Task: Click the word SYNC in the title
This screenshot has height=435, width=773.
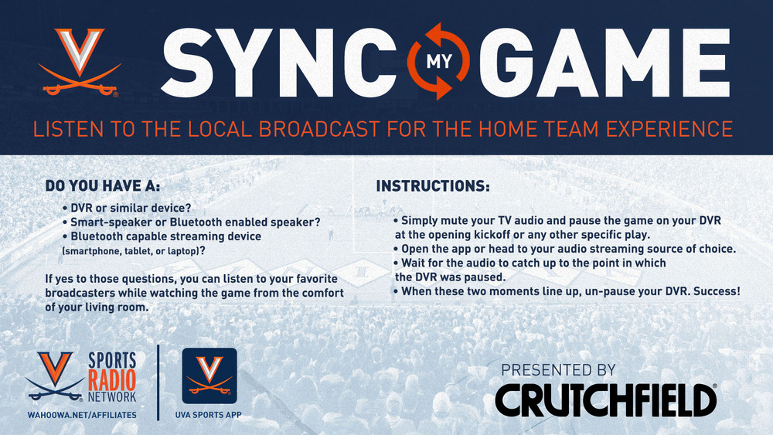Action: click(278, 62)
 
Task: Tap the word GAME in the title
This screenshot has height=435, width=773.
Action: click(604, 62)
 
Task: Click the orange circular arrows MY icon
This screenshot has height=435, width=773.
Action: click(438, 61)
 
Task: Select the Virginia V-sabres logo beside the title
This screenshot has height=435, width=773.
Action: click(80, 62)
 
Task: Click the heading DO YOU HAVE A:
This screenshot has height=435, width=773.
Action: click(103, 185)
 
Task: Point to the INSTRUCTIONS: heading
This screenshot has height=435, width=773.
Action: click(433, 185)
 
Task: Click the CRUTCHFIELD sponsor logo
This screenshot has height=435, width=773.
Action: click(606, 400)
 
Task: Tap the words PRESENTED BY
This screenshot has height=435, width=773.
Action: click(559, 370)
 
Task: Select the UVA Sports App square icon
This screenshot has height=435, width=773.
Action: click(209, 376)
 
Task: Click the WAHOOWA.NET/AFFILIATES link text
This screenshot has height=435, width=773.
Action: click(82, 415)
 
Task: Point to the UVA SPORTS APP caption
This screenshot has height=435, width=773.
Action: click(209, 415)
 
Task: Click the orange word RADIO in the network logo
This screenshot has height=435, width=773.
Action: click(112, 380)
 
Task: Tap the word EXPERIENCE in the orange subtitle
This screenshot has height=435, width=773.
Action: click(669, 129)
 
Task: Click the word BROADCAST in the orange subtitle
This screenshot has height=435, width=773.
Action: click(319, 129)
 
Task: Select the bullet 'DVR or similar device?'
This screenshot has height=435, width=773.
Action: click(127, 208)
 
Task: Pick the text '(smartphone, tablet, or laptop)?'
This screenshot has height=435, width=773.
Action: click(134, 251)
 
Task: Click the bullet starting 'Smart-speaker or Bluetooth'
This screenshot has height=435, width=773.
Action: click(191, 223)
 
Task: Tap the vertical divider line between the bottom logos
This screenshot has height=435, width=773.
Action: click(158, 382)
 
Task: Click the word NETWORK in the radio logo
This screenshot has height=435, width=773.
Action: click(112, 396)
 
